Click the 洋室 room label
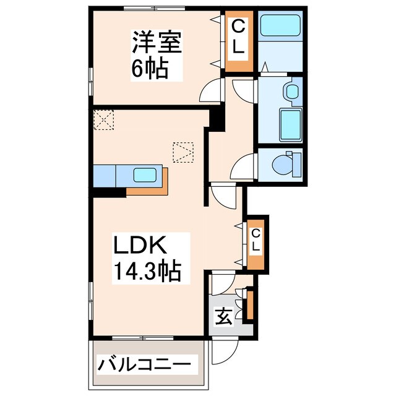tap(155, 44)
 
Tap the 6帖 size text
tap(149, 69)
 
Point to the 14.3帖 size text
tap(147, 270)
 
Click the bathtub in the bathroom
tap(279, 26)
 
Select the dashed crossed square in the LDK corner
tap(104, 119)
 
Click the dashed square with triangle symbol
tap(183, 152)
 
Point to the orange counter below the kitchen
tap(148, 189)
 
